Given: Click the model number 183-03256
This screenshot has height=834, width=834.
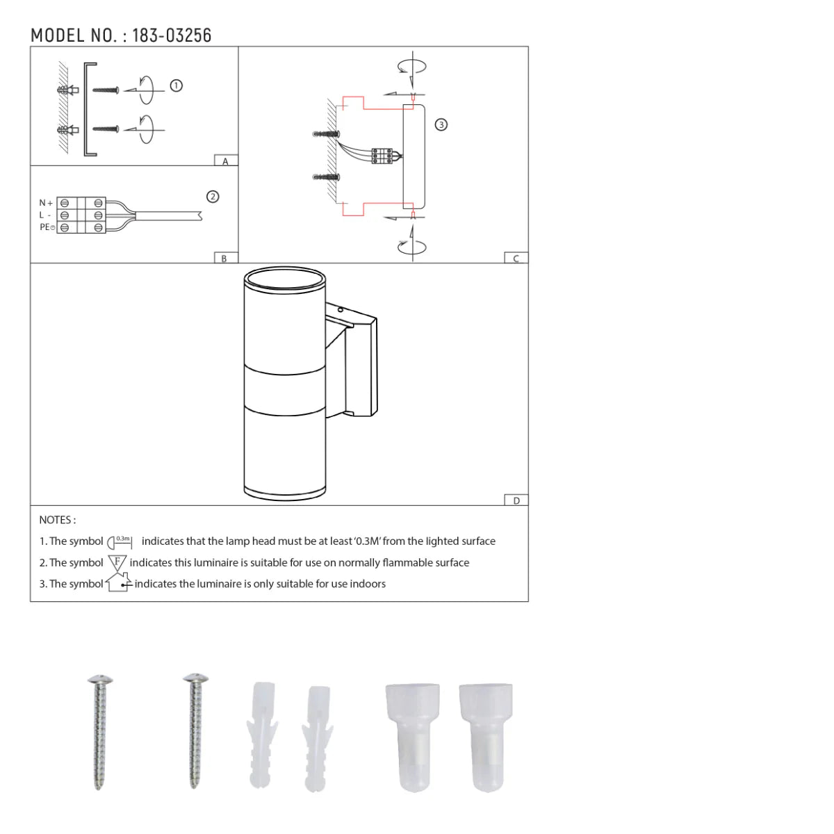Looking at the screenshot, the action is click(172, 35).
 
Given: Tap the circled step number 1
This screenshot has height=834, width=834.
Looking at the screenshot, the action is click(176, 85).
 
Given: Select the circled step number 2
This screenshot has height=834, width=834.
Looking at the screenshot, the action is click(213, 197).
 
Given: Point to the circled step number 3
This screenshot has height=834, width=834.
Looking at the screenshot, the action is click(441, 125).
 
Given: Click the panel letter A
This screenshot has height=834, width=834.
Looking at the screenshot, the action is click(225, 161).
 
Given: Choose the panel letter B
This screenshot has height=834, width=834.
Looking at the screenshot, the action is click(224, 259).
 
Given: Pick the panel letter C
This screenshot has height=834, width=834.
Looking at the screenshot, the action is click(516, 259).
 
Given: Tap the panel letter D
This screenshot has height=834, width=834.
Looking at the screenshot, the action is click(516, 500).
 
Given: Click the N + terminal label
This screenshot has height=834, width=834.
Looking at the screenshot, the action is click(46, 202).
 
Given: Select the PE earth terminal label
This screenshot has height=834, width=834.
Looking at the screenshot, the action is click(47, 227).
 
